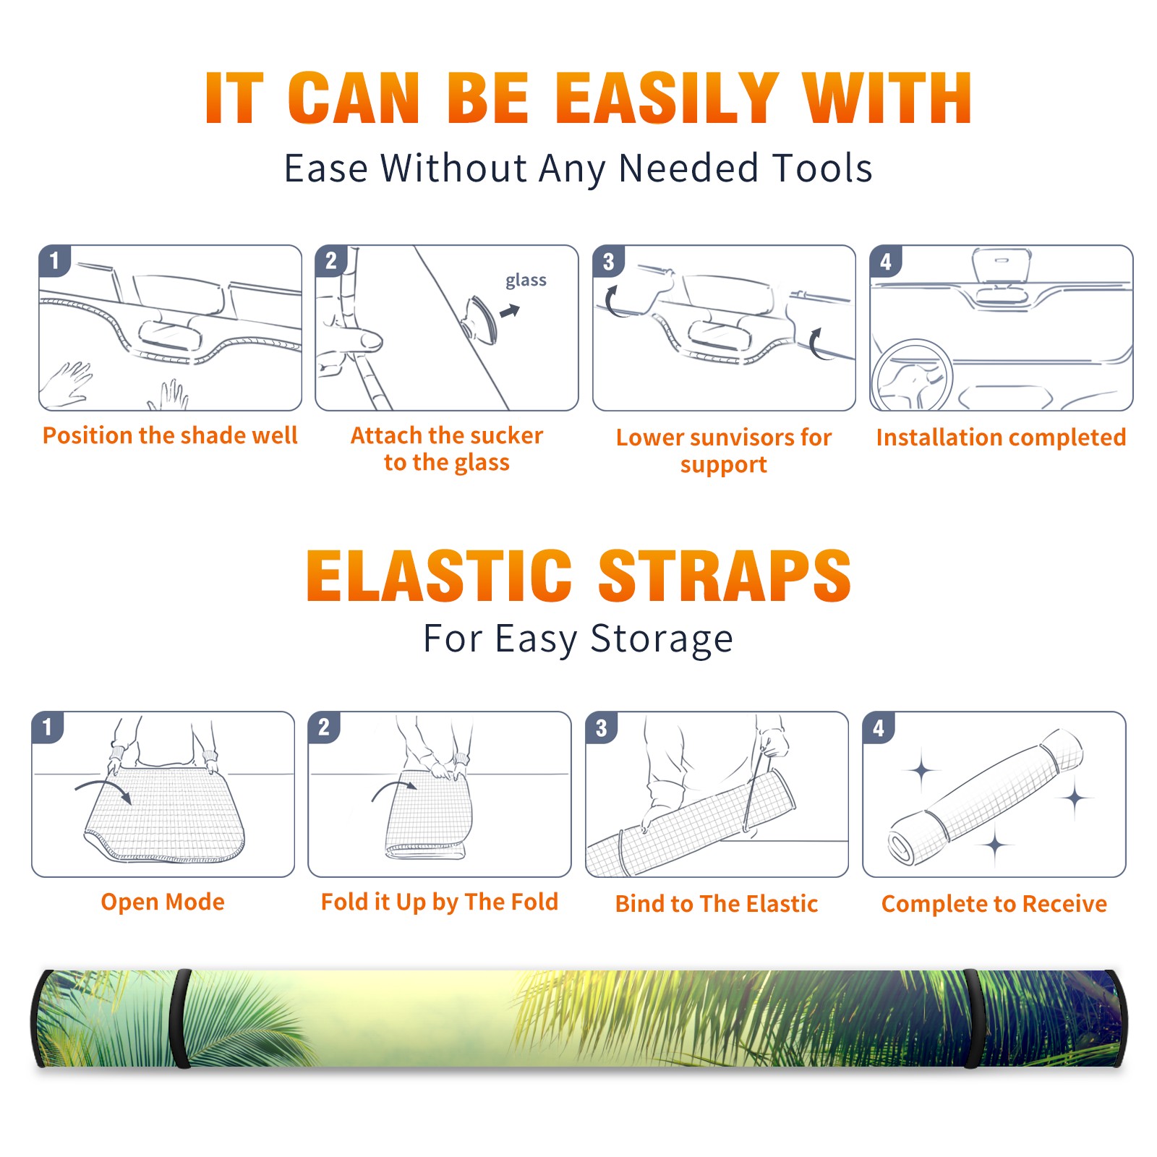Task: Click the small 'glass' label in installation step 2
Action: point(526,281)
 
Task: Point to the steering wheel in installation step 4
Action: point(911,376)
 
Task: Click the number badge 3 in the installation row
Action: point(608,261)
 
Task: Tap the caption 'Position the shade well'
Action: point(170,435)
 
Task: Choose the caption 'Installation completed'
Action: point(1001,437)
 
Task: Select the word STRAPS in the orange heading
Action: point(725,576)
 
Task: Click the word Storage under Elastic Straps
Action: point(662,639)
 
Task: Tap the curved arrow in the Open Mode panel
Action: point(103,790)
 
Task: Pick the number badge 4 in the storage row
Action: point(879,727)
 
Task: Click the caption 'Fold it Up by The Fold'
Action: point(440,902)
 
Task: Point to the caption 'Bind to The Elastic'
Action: point(717,904)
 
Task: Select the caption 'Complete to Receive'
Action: point(994,904)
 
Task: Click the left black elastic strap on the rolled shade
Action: point(181,1019)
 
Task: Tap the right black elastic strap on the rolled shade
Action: point(973,1019)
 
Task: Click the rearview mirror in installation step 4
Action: point(1002,265)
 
